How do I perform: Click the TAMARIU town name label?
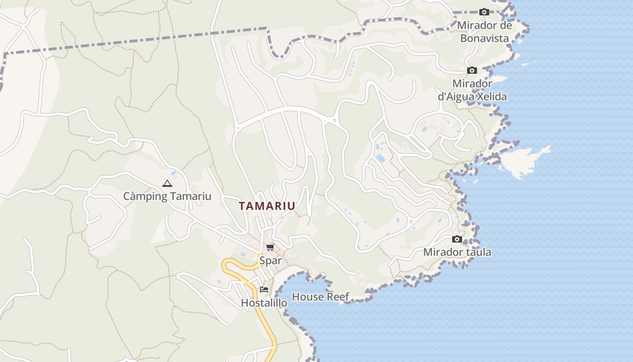click(267, 206)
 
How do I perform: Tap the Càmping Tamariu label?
click(167, 196)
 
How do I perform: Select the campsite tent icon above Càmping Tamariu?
click(167, 183)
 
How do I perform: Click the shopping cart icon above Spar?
click(270, 247)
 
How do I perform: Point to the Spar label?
click(270, 261)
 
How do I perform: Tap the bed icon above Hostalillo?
click(264, 290)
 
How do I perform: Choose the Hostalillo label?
click(264, 303)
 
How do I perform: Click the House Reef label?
click(321, 297)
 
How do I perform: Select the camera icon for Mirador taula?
click(457, 239)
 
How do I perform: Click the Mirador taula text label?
click(457, 252)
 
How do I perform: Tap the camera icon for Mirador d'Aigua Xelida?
click(472, 71)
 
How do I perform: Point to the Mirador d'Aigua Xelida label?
click(472, 90)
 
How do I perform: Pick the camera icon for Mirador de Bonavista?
click(484, 12)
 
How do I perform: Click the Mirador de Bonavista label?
click(485, 32)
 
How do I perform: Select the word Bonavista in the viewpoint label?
click(485, 38)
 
